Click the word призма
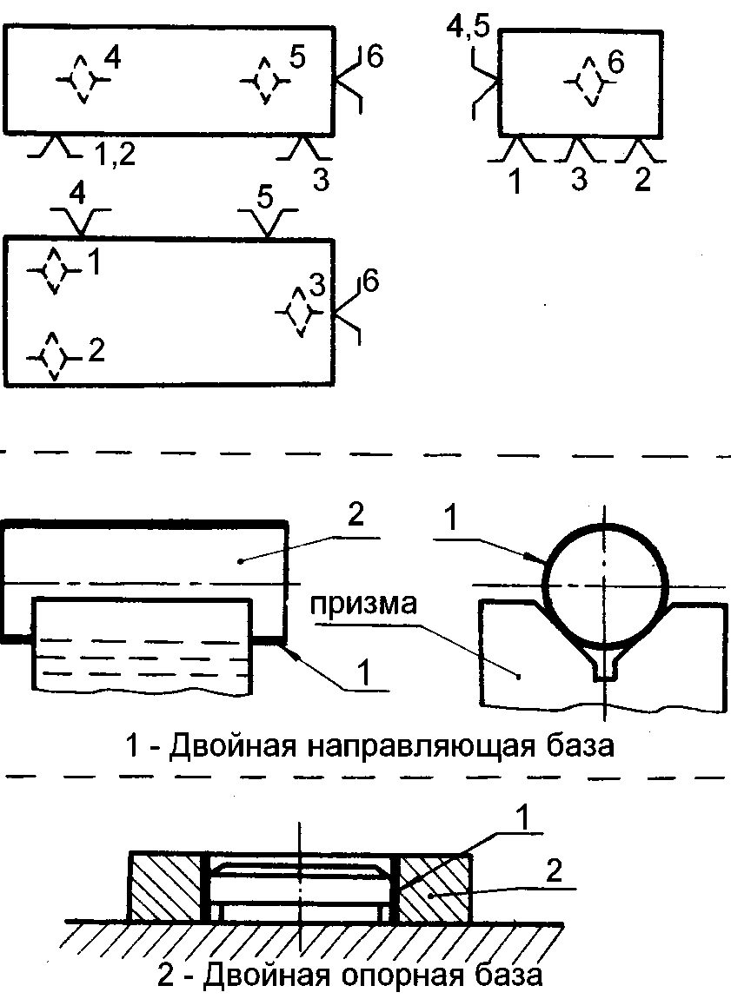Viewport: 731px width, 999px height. point(363,604)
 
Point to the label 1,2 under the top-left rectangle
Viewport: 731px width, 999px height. point(116,154)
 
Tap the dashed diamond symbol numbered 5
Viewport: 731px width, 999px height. point(264,80)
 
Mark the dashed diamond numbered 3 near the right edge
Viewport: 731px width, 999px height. point(298,312)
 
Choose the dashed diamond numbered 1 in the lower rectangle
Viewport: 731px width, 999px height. point(54,271)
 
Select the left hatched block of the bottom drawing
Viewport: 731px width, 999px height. point(166,886)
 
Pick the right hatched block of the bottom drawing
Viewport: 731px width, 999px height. point(435,886)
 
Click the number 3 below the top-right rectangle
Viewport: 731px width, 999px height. point(578,180)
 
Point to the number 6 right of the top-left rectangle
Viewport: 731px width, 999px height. point(375,57)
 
